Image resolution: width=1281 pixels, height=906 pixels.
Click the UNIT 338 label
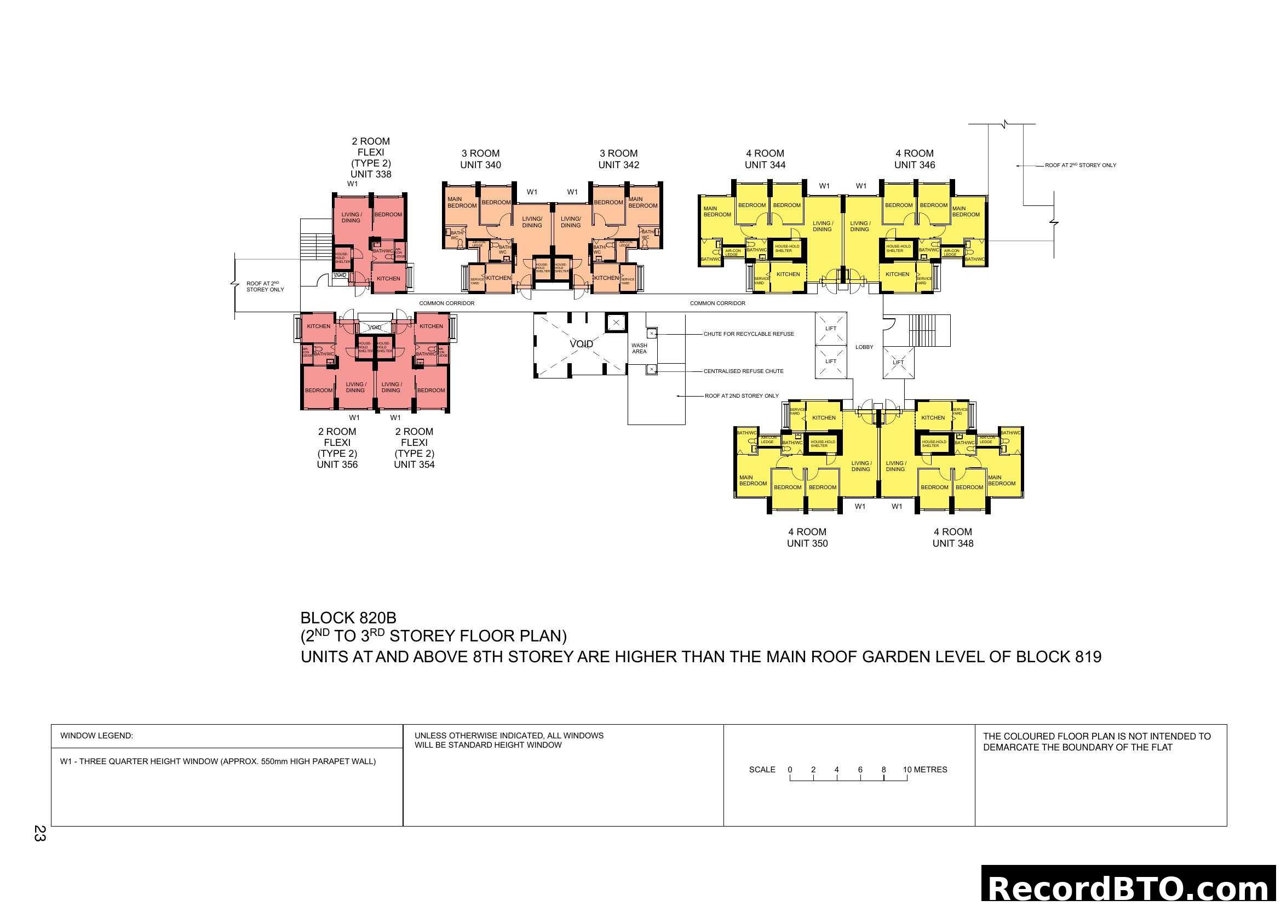[370, 174]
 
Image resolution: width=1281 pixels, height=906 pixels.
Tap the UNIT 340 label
[480, 165]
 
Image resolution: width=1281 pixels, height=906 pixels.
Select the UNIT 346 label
[915, 165]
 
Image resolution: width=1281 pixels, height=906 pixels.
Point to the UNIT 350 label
[807, 543]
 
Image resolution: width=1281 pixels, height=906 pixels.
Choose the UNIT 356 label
[337, 465]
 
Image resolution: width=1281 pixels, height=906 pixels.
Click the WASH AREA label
[639, 349]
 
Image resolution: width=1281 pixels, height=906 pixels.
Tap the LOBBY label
[864, 347]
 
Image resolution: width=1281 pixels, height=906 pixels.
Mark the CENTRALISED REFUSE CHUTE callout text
[743, 371]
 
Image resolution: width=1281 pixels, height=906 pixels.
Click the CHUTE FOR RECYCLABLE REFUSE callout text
[748, 334]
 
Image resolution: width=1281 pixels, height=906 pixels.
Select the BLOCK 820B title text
[348, 618]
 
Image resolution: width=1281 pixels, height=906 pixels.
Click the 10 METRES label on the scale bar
[924, 770]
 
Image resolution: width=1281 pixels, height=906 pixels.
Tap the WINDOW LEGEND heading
[96, 736]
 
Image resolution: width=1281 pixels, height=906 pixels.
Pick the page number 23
[39, 833]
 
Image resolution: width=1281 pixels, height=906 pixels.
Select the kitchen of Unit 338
[388, 278]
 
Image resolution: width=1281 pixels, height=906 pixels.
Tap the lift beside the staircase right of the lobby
[898, 363]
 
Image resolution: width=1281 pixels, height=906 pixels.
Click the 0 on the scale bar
[790, 770]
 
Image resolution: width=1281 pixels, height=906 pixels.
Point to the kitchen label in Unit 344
[788, 274]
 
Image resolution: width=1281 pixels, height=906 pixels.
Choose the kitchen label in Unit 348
[933, 418]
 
